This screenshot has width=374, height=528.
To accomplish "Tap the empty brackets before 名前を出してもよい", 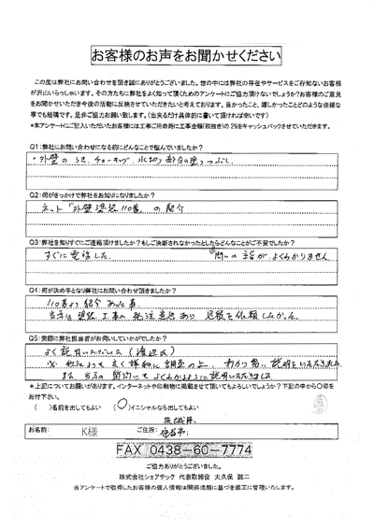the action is pos(39,408).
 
